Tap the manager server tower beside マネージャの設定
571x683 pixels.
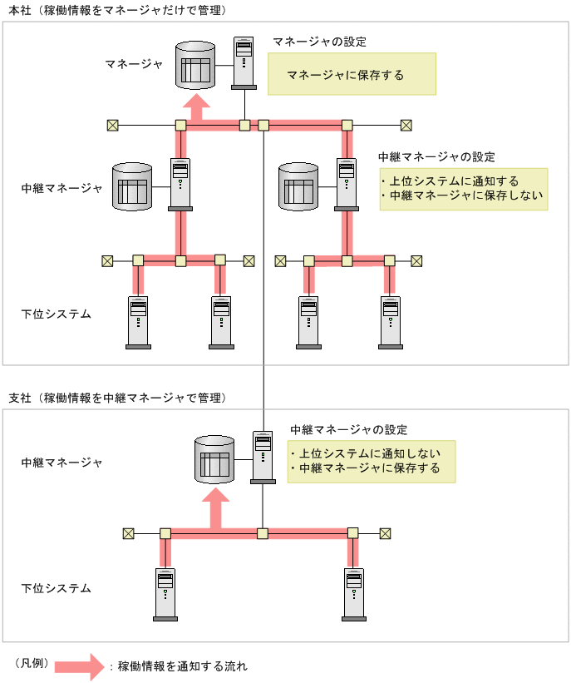coord(244,62)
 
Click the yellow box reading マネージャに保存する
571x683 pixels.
coord(351,75)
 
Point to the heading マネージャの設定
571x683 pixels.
coord(319,42)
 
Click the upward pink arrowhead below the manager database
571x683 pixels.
coord(197,106)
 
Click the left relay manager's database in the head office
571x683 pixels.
coord(132,186)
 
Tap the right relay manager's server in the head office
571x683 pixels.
coord(347,185)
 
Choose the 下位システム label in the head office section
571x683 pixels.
coord(56,314)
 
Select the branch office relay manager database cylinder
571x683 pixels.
coord(213,459)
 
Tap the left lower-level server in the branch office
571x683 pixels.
coord(165,593)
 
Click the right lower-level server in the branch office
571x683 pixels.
coord(354,593)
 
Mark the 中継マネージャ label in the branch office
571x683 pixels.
coord(62,463)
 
